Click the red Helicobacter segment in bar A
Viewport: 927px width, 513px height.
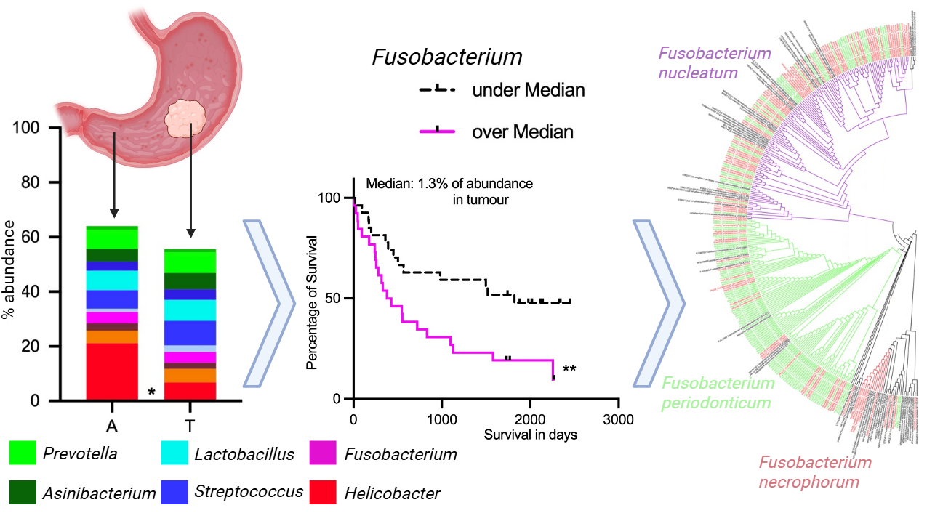[112, 371]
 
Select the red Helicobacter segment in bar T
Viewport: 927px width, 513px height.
[190, 391]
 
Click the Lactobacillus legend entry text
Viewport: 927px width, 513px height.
[244, 454]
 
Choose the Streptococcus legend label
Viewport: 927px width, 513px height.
[249, 491]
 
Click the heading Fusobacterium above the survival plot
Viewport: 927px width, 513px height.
[447, 58]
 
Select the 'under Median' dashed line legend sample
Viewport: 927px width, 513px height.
[437, 89]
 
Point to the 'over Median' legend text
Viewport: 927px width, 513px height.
[523, 132]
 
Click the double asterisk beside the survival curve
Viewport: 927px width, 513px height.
[569, 369]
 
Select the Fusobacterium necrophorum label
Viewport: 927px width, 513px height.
[814, 472]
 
